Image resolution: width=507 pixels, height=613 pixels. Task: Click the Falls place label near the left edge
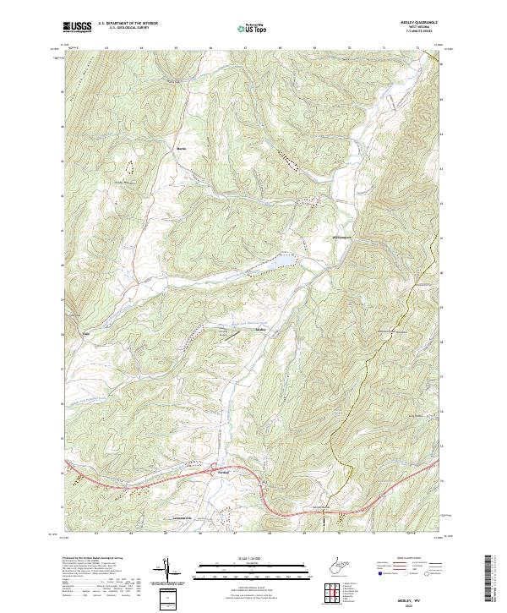pyautogui.click(x=86, y=331)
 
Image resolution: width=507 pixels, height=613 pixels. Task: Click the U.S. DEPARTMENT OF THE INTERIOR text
pyautogui.click(x=128, y=25)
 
